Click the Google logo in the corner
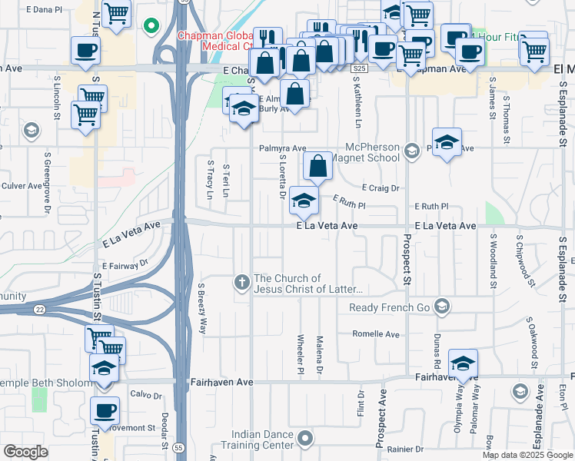pyautogui.click(x=25, y=452)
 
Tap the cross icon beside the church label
pyautogui.click(x=242, y=284)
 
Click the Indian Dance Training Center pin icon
pyautogui.click(x=306, y=439)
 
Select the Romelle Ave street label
pyautogui.click(x=376, y=334)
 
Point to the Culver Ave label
pyautogui.click(x=22, y=186)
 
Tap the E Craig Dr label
pyautogui.click(x=381, y=187)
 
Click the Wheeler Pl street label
pyautogui.click(x=300, y=355)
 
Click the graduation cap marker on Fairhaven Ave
pyautogui.click(x=463, y=364)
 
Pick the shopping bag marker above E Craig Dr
pyautogui.click(x=317, y=166)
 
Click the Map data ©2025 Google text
pyautogui.click(x=527, y=455)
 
